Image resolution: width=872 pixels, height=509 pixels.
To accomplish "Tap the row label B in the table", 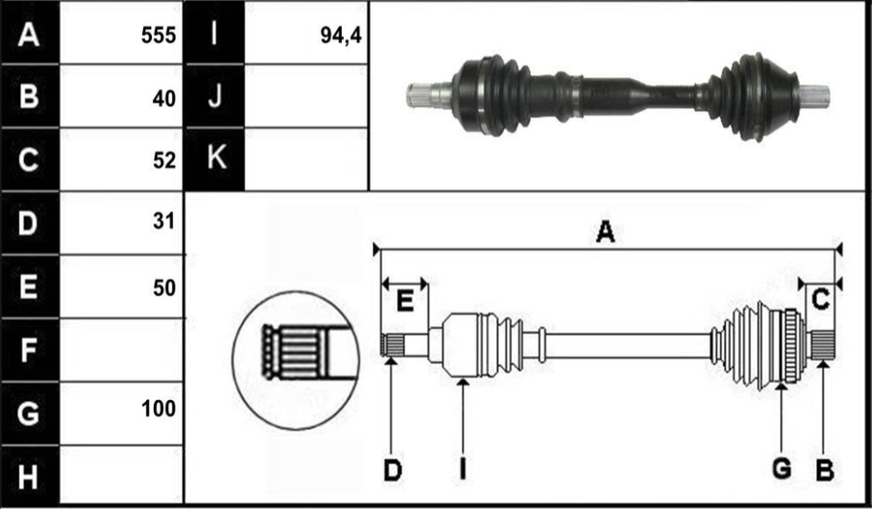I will pos(29,97).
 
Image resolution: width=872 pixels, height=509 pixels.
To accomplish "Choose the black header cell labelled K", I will pos(215,158).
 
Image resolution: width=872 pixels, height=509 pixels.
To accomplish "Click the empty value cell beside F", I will pos(121,350).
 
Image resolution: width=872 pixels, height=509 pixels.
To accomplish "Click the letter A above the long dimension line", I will pos(606,233).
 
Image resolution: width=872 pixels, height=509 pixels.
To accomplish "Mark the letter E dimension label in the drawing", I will pos(405,302).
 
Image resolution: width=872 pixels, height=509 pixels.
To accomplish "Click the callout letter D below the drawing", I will pos(392,469).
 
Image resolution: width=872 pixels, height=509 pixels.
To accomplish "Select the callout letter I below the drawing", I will pos(463,469).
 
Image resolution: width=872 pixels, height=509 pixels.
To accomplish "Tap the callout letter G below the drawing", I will pos(781,469).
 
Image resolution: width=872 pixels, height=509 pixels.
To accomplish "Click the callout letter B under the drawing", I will pos(823,469).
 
